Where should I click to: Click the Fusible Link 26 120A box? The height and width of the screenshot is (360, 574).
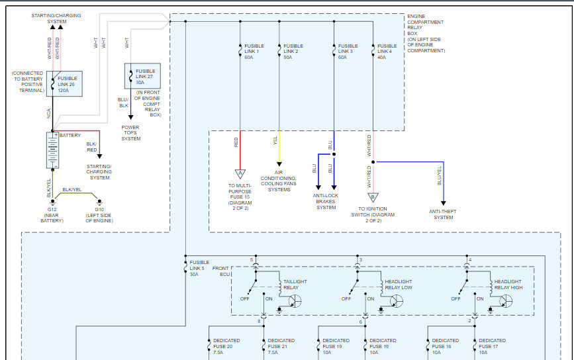64,84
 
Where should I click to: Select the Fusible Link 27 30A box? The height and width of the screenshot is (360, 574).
142,76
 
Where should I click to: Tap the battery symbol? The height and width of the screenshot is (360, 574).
53,150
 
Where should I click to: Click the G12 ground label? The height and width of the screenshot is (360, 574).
52,210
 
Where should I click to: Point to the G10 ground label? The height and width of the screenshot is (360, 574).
99,210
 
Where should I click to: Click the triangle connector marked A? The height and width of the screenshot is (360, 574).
240,174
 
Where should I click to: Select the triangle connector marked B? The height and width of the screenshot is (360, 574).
373,198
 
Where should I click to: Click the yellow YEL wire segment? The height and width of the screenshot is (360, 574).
279,147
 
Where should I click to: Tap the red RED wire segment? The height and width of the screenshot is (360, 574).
240,150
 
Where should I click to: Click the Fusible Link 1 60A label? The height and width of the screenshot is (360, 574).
254,52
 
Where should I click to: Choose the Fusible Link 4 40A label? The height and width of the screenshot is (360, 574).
387,52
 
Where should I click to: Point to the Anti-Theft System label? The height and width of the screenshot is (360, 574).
443,214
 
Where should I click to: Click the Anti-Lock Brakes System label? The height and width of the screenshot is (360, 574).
326,202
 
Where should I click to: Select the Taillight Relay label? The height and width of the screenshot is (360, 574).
295,285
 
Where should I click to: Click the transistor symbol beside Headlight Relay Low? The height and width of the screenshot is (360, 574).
396,302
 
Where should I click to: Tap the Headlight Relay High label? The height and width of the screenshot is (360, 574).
508,285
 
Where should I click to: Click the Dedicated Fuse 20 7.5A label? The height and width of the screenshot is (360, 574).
226,347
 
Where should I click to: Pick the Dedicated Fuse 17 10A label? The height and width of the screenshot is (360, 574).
492,347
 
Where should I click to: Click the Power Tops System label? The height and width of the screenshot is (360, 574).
130,133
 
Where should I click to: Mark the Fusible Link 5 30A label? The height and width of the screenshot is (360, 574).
199,268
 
